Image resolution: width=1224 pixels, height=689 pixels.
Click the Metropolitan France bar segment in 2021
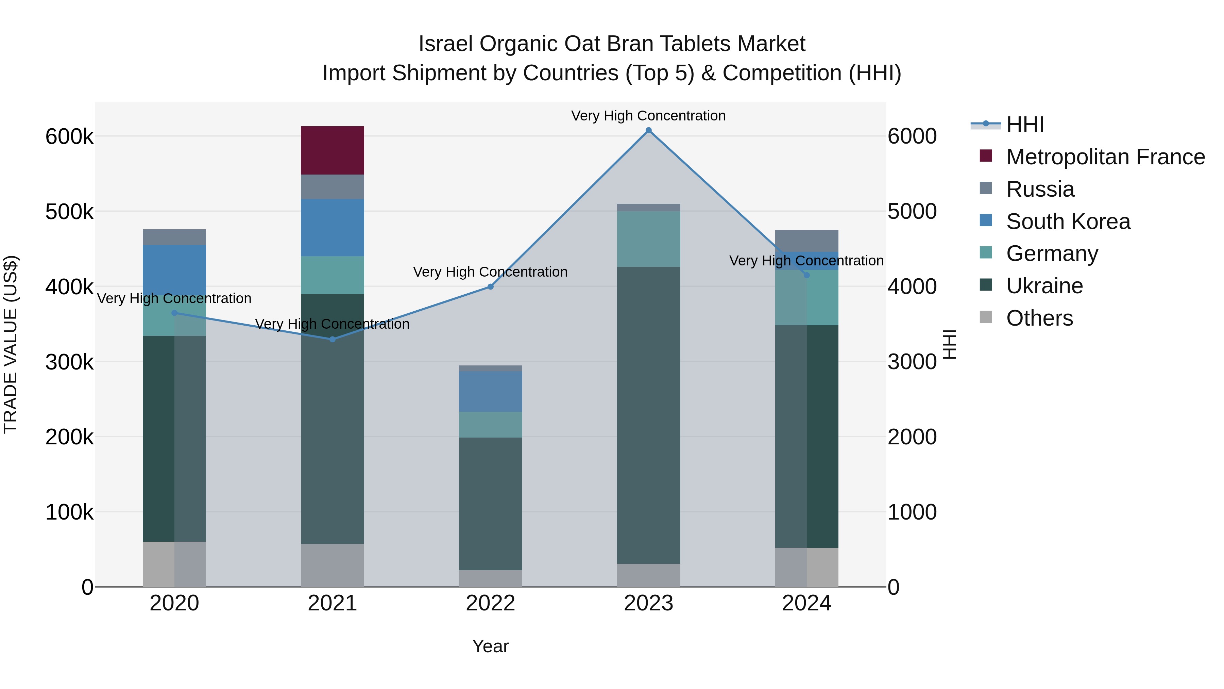click(332, 150)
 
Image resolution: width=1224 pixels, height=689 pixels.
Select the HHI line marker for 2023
click(648, 130)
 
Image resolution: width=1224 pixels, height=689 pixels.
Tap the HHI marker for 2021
click(332, 339)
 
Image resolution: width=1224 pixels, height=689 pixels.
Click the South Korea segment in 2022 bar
click(490, 391)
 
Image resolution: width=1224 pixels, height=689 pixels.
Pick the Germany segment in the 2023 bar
click(648, 239)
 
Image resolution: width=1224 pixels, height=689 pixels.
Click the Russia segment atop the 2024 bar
click(806, 241)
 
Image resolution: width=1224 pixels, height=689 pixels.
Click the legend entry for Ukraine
click(1044, 286)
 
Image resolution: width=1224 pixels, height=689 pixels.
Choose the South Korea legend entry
click(1068, 222)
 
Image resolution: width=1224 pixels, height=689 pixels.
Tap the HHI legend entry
click(1025, 125)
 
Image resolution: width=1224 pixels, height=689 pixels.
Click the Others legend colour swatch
click(986, 317)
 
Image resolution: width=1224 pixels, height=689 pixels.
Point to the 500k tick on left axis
click(69, 212)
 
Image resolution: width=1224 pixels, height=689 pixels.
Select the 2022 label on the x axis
click(490, 603)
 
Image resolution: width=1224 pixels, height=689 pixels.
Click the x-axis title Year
click(490, 646)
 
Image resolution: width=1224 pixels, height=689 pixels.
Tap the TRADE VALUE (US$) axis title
click(11, 344)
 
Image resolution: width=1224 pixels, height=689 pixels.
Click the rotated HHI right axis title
click(949, 344)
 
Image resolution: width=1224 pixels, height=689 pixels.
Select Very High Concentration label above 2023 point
click(648, 116)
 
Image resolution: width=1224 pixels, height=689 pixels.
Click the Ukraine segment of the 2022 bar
click(490, 503)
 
